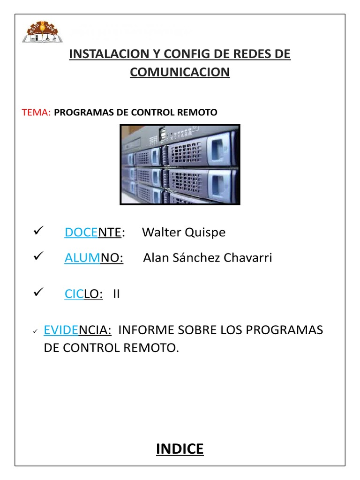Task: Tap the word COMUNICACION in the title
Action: pyautogui.click(x=180, y=72)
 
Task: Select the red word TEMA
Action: pyautogui.click(x=36, y=112)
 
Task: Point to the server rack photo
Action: pyautogui.click(x=180, y=165)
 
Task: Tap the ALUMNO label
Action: pyautogui.click(x=94, y=258)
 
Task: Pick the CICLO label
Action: pyautogui.click(x=83, y=294)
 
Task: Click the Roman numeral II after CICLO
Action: pyautogui.click(x=116, y=294)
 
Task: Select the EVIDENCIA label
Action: pyautogui.click(x=77, y=330)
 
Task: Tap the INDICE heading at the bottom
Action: pyautogui.click(x=180, y=449)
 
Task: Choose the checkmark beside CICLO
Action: pyautogui.click(x=38, y=292)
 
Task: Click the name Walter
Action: pyautogui.click(x=159, y=232)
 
